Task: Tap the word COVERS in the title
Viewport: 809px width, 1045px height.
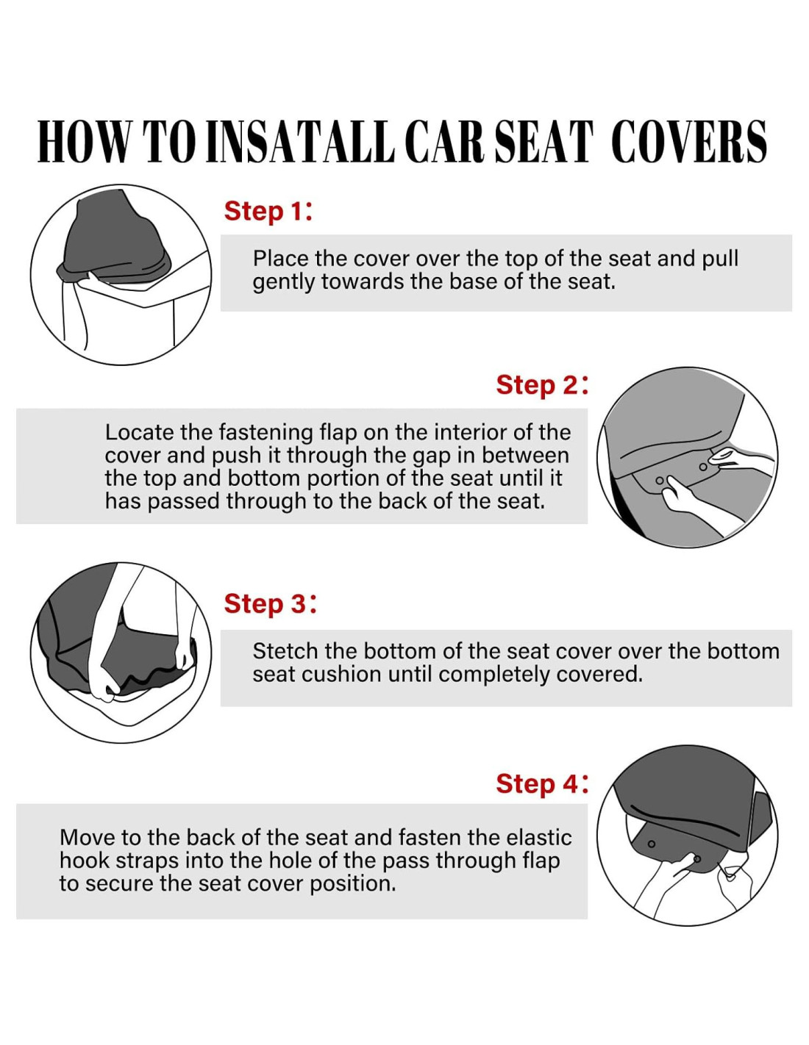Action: click(689, 141)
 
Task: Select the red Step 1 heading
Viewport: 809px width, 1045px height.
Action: click(268, 212)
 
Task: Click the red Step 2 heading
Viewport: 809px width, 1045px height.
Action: click(542, 385)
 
